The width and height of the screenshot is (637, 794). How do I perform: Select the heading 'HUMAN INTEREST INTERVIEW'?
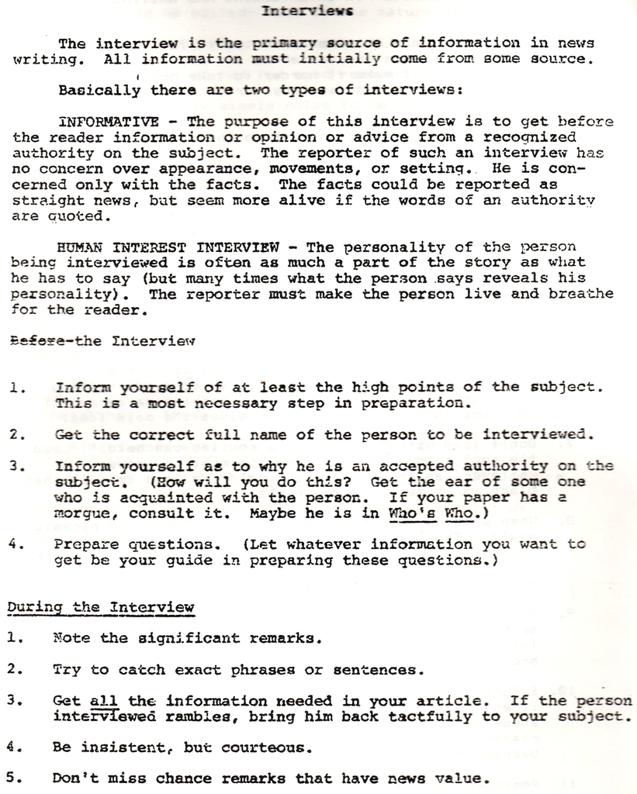169,248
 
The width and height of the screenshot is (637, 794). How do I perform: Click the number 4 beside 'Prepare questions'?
13,544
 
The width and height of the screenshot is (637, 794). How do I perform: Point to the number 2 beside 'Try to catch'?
12,668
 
